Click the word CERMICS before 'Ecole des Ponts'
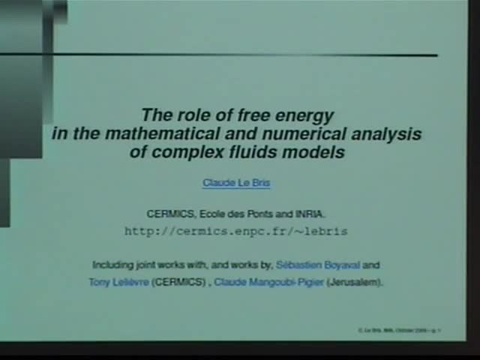pyautogui.click(x=170, y=213)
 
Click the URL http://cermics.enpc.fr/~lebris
pyautogui.click(x=235, y=231)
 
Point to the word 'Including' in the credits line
pyautogui.click(x=112, y=265)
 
